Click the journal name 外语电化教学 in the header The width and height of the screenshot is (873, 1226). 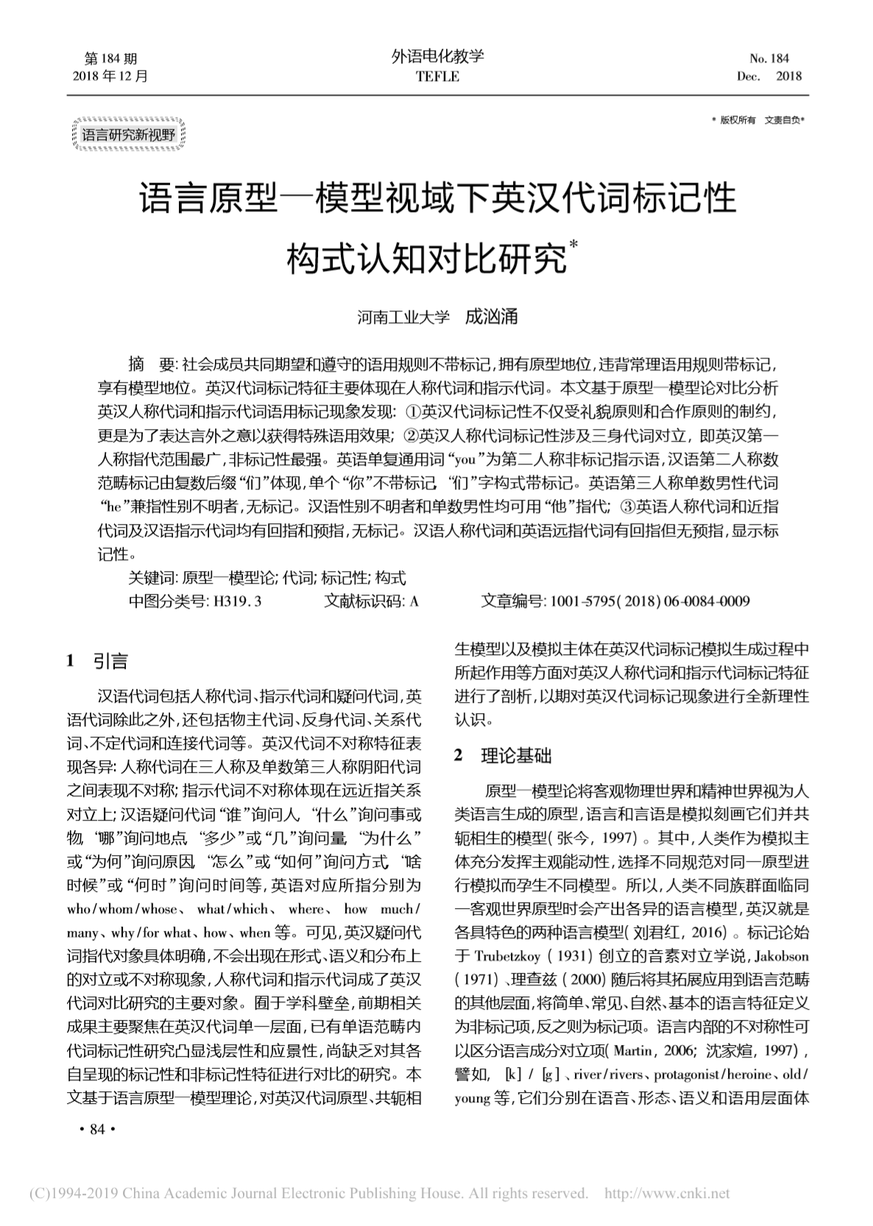[437, 57]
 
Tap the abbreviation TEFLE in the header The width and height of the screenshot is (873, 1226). [437, 77]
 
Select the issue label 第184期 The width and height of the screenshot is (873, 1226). [111, 58]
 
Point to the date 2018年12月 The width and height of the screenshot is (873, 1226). [111, 76]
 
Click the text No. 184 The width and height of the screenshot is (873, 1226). [768, 58]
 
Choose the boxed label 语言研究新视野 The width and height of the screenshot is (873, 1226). [129, 135]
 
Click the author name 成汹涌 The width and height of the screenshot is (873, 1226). [492, 316]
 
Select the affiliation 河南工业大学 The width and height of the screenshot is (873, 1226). [403, 317]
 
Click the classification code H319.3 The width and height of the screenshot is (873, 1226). [237, 601]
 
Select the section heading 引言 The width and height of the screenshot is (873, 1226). [110, 662]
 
